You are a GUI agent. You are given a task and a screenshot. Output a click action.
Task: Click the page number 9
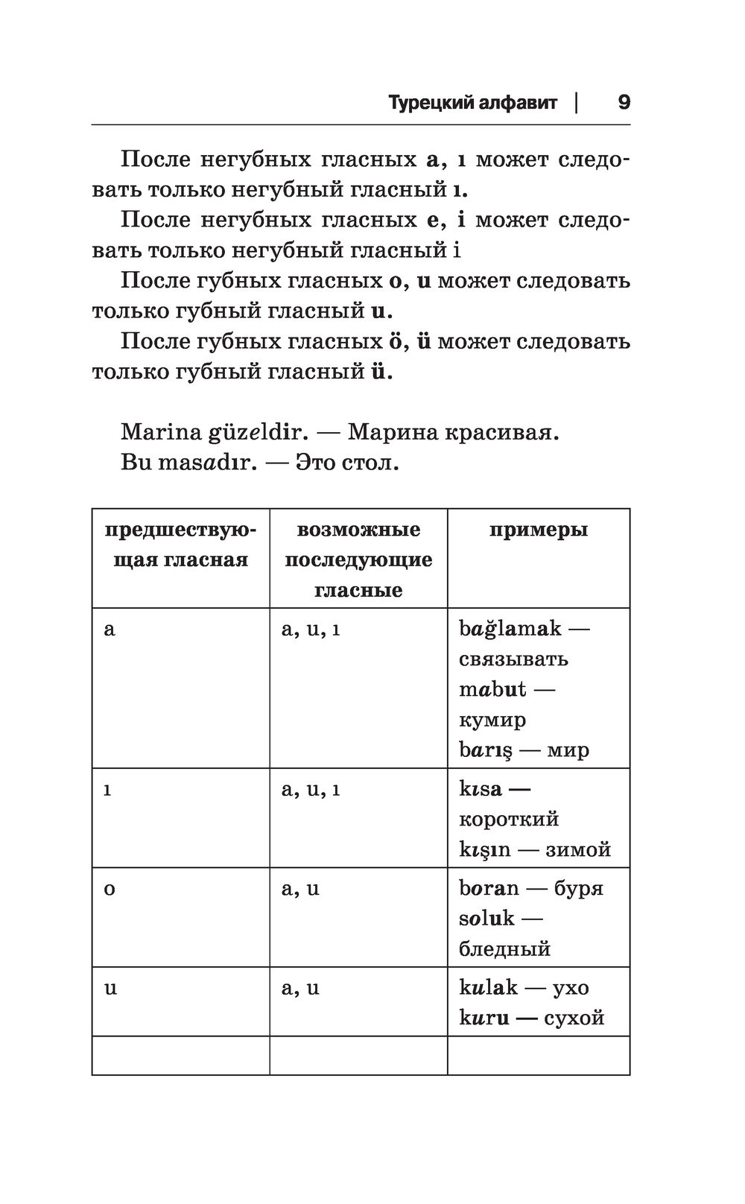tap(624, 102)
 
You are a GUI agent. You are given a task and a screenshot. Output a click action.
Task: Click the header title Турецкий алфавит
tap(472, 103)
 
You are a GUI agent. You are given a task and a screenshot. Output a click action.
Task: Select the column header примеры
tap(538, 530)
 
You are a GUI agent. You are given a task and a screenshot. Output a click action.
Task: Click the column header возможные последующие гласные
tap(358, 560)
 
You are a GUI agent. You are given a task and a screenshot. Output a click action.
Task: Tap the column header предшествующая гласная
tap(180, 545)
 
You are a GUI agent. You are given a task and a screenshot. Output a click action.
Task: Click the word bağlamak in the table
tap(510, 629)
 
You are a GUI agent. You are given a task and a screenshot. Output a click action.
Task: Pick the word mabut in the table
tap(492, 689)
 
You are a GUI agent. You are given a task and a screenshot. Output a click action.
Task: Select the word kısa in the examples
tap(481, 789)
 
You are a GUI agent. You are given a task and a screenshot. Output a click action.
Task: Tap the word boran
tap(489, 888)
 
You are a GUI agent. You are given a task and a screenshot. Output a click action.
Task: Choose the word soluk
tap(486, 919)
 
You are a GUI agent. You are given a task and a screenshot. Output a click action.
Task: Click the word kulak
tap(488, 988)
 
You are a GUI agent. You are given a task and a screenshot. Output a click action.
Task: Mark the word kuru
tap(484, 1018)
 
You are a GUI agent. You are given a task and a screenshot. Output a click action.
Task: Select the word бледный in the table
tap(504, 949)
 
